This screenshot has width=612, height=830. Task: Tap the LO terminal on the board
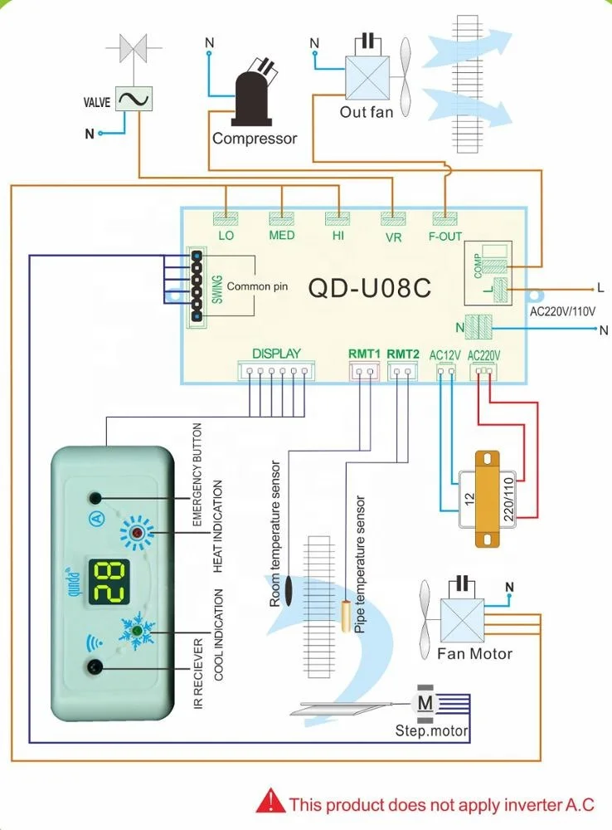pyautogui.click(x=226, y=235)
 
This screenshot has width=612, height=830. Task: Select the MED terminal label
pyautogui.click(x=282, y=235)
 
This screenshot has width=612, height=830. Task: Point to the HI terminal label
pyautogui.click(x=338, y=235)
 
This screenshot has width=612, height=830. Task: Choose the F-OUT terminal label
pyautogui.click(x=446, y=236)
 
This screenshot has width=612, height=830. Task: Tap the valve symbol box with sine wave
pyautogui.click(x=131, y=100)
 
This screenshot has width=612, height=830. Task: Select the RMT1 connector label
pyautogui.click(x=364, y=354)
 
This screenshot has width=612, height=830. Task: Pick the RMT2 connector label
pyautogui.click(x=403, y=354)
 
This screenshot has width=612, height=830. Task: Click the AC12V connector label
pyautogui.click(x=445, y=355)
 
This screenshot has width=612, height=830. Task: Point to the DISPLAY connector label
pyautogui.click(x=276, y=354)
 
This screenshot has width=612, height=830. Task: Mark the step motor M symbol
pyautogui.click(x=425, y=704)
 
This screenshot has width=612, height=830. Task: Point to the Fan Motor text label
pyautogui.click(x=474, y=654)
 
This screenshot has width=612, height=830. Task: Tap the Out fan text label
pyautogui.click(x=367, y=111)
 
